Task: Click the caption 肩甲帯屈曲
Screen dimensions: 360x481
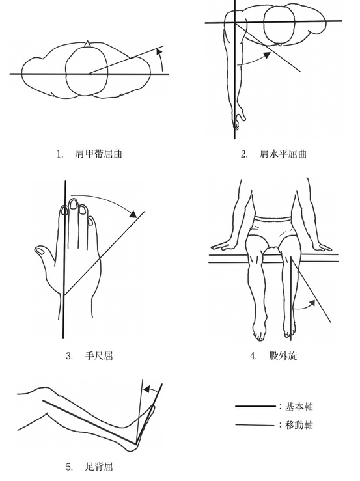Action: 98,154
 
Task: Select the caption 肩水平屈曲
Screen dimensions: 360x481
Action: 283,154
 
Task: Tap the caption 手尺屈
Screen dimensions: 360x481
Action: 99,356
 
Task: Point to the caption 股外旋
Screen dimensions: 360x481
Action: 283,356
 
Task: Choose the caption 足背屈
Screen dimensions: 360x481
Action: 99,467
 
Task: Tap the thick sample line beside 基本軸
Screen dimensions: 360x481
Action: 255,406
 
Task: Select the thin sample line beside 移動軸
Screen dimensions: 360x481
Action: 255,425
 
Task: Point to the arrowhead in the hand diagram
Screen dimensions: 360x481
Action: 133,213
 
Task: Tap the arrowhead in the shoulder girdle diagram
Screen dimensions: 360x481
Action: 159,51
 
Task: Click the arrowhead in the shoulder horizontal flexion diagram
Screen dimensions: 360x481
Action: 266,55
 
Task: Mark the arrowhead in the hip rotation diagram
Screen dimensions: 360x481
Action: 312,303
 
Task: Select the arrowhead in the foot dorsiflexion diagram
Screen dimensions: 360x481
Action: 147,390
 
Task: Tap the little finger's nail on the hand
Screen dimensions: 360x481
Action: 90,221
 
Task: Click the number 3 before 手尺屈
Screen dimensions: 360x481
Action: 69,356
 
